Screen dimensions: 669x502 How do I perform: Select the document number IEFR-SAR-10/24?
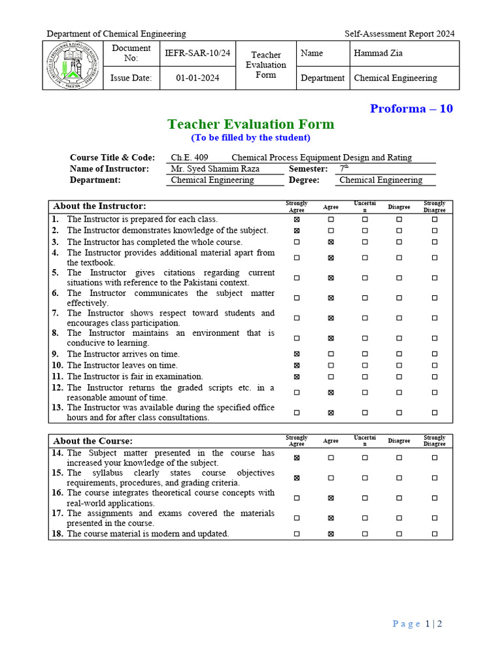[197, 53]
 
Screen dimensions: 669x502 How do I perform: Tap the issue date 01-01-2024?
[197, 78]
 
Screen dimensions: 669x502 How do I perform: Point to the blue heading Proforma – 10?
[411, 108]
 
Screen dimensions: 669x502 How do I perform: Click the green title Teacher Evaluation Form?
[250, 124]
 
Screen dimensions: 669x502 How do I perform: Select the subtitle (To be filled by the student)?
[250, 138]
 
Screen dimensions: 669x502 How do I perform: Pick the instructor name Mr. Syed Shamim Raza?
[215, 169]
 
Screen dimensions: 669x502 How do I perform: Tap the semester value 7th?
[344, 169]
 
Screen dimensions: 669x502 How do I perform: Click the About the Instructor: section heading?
[99, 206]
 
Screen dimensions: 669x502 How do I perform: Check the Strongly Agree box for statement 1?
[297, 220]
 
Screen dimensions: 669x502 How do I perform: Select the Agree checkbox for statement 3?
[331, 242]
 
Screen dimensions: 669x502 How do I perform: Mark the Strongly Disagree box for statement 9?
[434, 354]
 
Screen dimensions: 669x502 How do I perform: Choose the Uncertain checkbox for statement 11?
[365, 377]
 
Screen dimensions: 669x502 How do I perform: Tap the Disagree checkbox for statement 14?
[399, 458]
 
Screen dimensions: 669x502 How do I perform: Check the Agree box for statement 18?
[331, 534]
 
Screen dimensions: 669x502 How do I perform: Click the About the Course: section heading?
[93, 441]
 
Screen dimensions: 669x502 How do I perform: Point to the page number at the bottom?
[418, 624]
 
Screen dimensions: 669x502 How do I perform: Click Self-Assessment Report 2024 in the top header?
[399, 34]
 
